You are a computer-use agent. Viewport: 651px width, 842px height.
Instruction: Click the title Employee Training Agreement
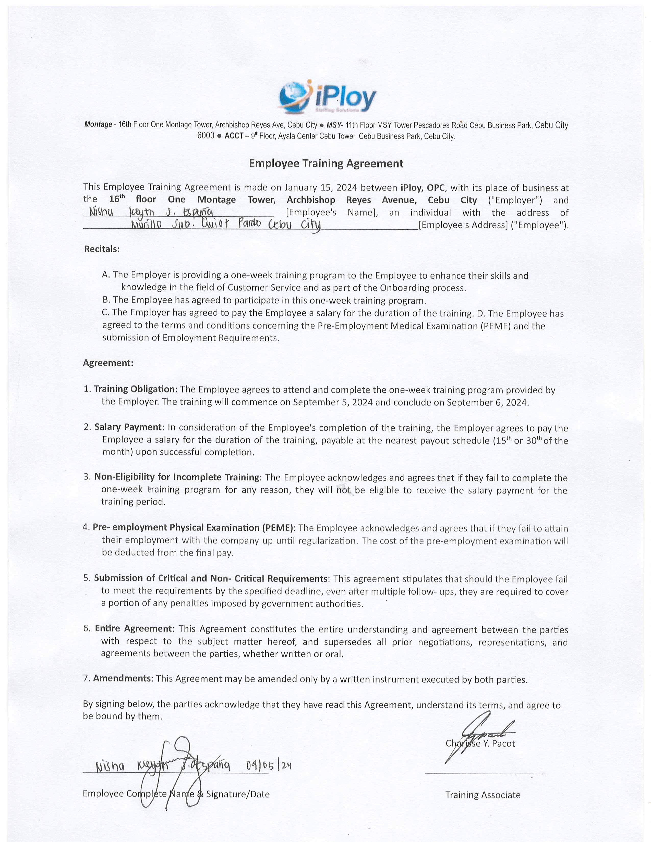pos(326,164)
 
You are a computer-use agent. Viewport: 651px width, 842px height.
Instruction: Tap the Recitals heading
pos(102,249)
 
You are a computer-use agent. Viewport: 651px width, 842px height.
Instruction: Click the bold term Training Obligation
pos(134,389)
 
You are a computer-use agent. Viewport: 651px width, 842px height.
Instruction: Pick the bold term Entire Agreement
pos(133,628)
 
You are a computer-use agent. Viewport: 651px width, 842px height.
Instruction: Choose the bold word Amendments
pos(122,678)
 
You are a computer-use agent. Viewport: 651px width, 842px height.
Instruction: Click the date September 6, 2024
pos(487,402)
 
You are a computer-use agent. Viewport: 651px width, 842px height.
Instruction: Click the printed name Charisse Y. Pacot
pos(480,743)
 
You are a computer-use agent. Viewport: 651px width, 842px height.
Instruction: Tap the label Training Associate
pos(483,795)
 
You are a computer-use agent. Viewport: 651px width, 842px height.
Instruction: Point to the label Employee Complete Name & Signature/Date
pos(176,794)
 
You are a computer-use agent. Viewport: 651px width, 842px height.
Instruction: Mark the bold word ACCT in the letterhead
pos(234,136)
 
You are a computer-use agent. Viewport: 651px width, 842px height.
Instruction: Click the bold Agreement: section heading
pos(108,363)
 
